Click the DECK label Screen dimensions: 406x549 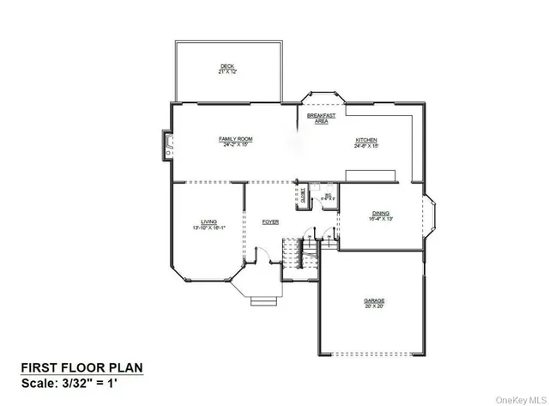pos(226,66)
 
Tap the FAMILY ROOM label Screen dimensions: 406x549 pos(234,138)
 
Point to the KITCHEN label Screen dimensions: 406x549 pos(366,140)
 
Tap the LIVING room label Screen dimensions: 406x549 pos(207,221)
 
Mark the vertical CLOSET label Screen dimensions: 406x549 pos(303,195)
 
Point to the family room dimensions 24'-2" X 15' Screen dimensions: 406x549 pos(234,144)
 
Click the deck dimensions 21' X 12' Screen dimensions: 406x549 pos(226,72)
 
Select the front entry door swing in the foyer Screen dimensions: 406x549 pos(266,256)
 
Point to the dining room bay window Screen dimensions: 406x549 pos(431,215)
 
